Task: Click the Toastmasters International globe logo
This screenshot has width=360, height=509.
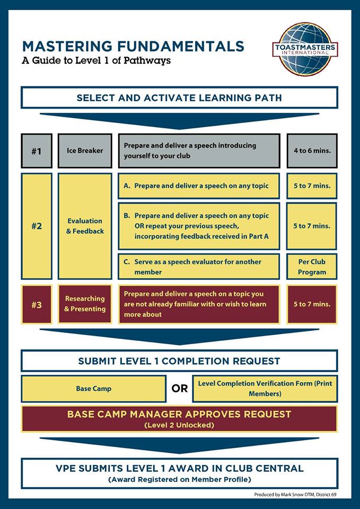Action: (x=305, y=49)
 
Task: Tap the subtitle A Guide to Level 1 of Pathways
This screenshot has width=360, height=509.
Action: (x=96, y=60)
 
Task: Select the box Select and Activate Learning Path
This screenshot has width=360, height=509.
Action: (x=179, y=98)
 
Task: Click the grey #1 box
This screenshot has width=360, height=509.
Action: (x=36, y=151)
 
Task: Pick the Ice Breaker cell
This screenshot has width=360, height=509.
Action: (x=85, y=151)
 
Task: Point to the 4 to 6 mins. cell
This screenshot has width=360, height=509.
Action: (x=312, y=151)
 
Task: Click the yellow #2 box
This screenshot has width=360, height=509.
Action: (x=36, y=226)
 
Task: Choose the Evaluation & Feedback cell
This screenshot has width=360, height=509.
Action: (x=85, y=226)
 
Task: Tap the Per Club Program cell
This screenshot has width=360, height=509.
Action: (x=312, y=267)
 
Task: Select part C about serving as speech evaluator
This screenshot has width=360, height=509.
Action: (x=198, y=267)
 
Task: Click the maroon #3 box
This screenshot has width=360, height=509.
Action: (x=36, y=304)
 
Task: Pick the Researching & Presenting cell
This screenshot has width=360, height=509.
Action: (x=85, y=304)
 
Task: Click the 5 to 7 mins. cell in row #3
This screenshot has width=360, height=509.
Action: (x=312, y=304)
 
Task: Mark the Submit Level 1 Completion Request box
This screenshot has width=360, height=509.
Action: (x=179, y=361)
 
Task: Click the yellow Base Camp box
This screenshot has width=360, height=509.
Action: (x=93, y=389)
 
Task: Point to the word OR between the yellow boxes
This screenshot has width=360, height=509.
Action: (x=179, y=389)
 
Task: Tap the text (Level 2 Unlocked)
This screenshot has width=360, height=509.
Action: (x=179, y=425)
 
